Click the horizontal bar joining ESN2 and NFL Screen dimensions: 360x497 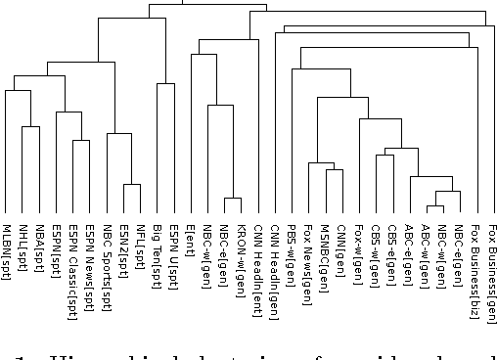[x=132, y=184]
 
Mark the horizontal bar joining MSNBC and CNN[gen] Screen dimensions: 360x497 [x=335, y=169]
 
